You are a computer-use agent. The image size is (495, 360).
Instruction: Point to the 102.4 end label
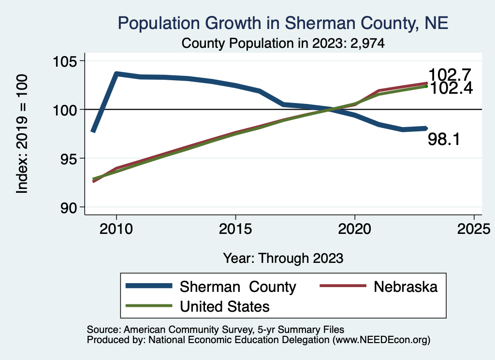click(x=450, y=88)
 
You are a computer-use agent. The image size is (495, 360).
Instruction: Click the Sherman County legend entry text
click(x=237, y=287)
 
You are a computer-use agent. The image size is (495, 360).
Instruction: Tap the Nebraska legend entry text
click(x=405, y=287)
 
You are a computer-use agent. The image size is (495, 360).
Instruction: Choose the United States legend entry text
click(x=225, y=306)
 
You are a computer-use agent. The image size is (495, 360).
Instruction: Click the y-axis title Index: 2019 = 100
click(x=22, y=134)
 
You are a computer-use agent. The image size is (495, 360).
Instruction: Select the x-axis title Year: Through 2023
click(x=283, y=258)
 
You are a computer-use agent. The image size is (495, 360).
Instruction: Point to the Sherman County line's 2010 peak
click(x=116, y=74)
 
